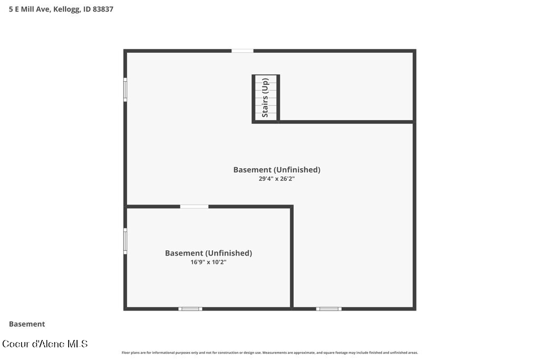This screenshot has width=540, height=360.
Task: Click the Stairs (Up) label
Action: coord(265,98)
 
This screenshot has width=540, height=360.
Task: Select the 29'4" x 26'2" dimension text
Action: coord(276,179)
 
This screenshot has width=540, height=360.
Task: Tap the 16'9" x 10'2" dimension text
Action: coord(208,262)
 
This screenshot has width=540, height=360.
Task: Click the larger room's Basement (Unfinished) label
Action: coord(277,170)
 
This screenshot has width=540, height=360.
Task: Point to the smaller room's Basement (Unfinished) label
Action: coord(208,253)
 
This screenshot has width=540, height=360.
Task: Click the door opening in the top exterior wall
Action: coord(243,51)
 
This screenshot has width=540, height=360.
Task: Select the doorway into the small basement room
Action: coord(194,207)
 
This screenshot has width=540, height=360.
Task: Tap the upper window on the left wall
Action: coord(126,90)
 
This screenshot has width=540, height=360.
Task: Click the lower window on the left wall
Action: coord(126,241)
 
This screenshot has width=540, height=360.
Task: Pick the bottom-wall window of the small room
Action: coord(190,309)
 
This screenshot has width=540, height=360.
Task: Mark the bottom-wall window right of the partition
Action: coord(329,309)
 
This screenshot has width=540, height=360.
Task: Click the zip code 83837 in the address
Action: coord(103,9)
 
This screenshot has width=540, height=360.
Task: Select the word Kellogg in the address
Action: coord(66,9)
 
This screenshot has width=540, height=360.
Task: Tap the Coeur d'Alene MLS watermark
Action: coord(45,344)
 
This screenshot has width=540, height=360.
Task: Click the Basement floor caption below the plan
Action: coord(27,324)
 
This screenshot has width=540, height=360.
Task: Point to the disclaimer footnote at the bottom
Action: coord(269,353)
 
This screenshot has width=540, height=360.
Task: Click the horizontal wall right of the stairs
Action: coord(346,122)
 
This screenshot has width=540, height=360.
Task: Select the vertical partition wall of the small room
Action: coord(292,257)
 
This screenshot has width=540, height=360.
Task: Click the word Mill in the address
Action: coord(27,9)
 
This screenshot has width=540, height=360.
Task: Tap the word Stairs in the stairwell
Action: coord(265,106)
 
